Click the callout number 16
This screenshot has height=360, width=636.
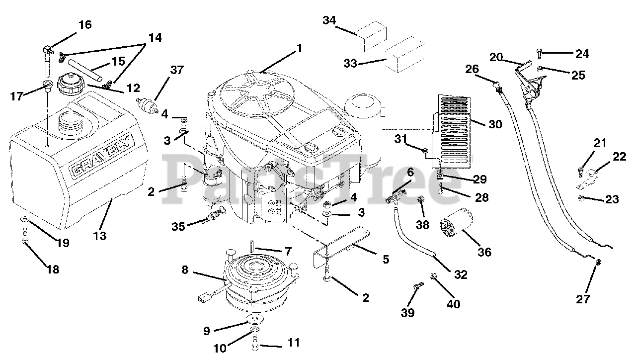tap(85, 25)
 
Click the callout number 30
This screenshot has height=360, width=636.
tap(495, 124)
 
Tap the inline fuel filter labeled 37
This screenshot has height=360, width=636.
tap(148, 104)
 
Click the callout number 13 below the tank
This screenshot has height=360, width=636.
tap(100, 236)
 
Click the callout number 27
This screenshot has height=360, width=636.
tap(583, 299)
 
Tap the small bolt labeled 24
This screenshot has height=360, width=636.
tap(539, 53)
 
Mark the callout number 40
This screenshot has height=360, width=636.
tap(454, 304)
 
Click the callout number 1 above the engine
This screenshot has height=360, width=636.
tap(299, 48)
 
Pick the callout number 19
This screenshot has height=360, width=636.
tap(63, 243)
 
